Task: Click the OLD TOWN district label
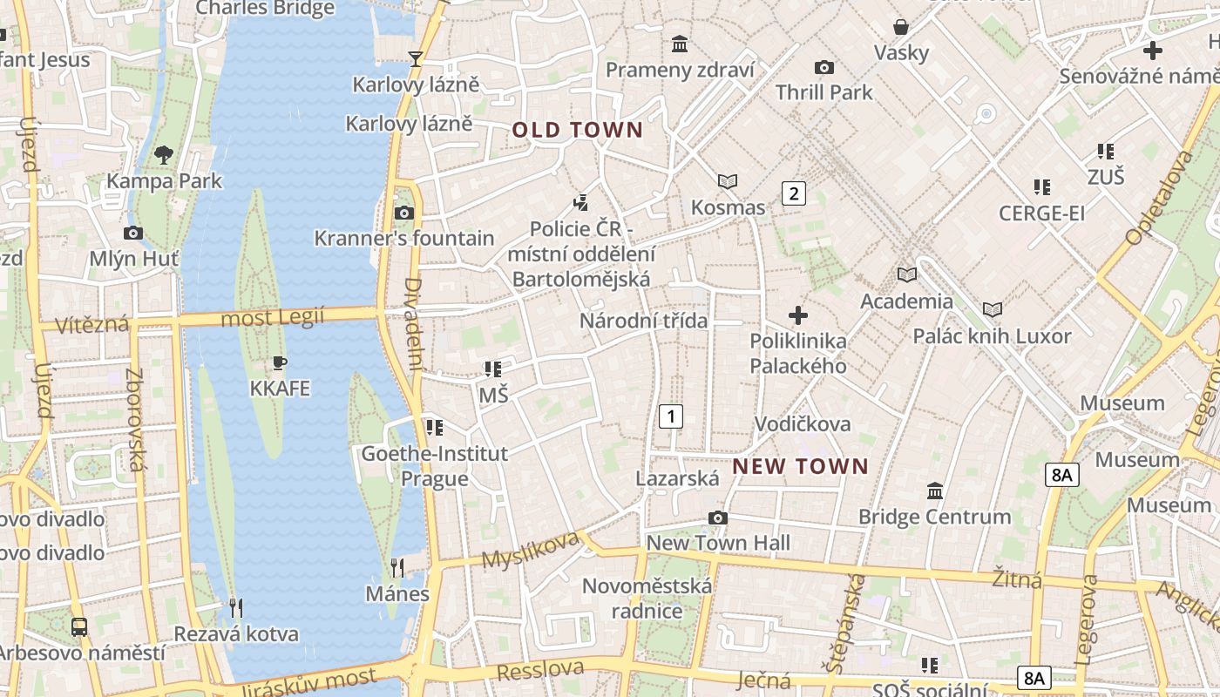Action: pyautogui.click(x=577, y=131)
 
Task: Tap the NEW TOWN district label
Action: pyautogui.click(x=800, y=466)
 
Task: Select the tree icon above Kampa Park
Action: pyautogui.click(x=163, y=156)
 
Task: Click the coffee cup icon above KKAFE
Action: pyautogui.click(x=280, y=362)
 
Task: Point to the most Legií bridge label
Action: pyautogui.click(x=272, y=317)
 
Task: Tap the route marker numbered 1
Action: pyautogui.click(x=670, y=416)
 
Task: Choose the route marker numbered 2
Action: pyautogui.click(x=793, y=193)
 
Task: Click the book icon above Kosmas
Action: pyautogui.click(x=728, y=181)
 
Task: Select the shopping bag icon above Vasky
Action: pyautogui.click(x=901, y=27)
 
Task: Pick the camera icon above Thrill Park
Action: pyautogui.click(x=823, y=67)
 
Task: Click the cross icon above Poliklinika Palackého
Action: pyautogui.click(x=797, y=315)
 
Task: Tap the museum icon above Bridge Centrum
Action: pyautogui.click(x=935, y=491)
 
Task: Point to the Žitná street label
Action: pyautogui.click(x=1017, y=578)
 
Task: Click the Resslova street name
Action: pyautogui.click(x=540, y=670)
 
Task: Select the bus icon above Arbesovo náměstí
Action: pyautogui.click(x=79, y=626)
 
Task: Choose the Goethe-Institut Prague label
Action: pyautogui.click(x=434, y=466)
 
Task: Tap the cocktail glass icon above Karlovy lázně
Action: pyautogui.click(x=416, y=58)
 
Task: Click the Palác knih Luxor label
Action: pyautogui.click(x=992, y=336)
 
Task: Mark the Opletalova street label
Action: pyautogui.click(x=1159, y=198)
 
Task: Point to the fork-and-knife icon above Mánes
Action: pyautogui.click(x=396, y=568)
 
